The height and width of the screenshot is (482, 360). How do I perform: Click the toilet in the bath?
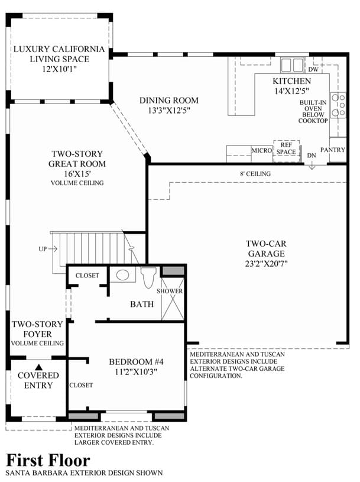pos(148,277)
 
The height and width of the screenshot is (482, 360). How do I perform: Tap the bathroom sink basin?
pos(122,275)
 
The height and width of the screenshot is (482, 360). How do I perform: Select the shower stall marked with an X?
pos(173,299)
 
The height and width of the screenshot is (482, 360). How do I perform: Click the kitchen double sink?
pos(292,65)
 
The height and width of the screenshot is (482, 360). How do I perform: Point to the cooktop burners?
pos(338,105)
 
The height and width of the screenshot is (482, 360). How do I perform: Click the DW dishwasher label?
pos(313,69)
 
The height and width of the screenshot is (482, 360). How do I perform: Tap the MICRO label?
pos(262,150)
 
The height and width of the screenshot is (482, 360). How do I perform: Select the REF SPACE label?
pos(286,148)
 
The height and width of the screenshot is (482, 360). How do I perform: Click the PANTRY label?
pos(333,150)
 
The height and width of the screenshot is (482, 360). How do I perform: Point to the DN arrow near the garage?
pos(312,166)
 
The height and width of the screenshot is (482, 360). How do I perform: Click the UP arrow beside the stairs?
pos(53,248)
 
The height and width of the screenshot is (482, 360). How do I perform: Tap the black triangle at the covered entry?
pos(38,367)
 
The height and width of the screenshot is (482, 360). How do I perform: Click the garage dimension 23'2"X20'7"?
pos(267,263)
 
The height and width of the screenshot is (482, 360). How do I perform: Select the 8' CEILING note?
pos(255,174)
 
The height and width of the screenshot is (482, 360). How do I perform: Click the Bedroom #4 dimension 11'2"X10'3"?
pos(136,371)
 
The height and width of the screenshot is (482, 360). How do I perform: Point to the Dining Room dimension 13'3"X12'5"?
pos(169,111)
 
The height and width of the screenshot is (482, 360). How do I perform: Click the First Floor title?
pos(48,461)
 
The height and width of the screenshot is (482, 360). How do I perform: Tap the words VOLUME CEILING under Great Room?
pos(77,183)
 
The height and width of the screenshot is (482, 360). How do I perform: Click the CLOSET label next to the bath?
pos(87,276)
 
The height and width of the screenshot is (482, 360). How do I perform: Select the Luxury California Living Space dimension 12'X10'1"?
pos(59,69)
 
